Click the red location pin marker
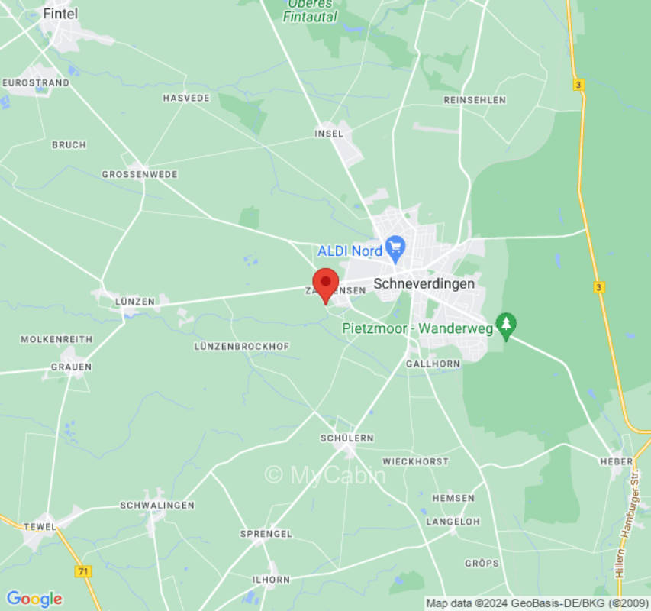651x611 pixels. point(326,285)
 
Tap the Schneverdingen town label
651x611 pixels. point(424,283)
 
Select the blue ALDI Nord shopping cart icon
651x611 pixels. point(395,247)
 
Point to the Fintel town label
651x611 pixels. point(60,14)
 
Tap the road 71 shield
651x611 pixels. point(82,571)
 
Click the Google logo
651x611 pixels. point(34,599)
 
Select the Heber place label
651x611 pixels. point(616,461)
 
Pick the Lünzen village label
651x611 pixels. point(134,302)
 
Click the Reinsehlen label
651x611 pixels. point(474,100)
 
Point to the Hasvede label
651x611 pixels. point(186,99)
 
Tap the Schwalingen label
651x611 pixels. point(157,506)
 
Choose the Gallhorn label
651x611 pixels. point(433,364)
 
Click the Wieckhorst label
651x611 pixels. point(415,462)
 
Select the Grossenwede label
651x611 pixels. point(140,174)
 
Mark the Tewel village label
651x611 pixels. point(40,526)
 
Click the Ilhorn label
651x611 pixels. point(271,580)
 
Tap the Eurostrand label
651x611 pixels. point(35,82)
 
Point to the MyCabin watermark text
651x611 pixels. point(325,475)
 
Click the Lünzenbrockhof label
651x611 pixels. point(242,346)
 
